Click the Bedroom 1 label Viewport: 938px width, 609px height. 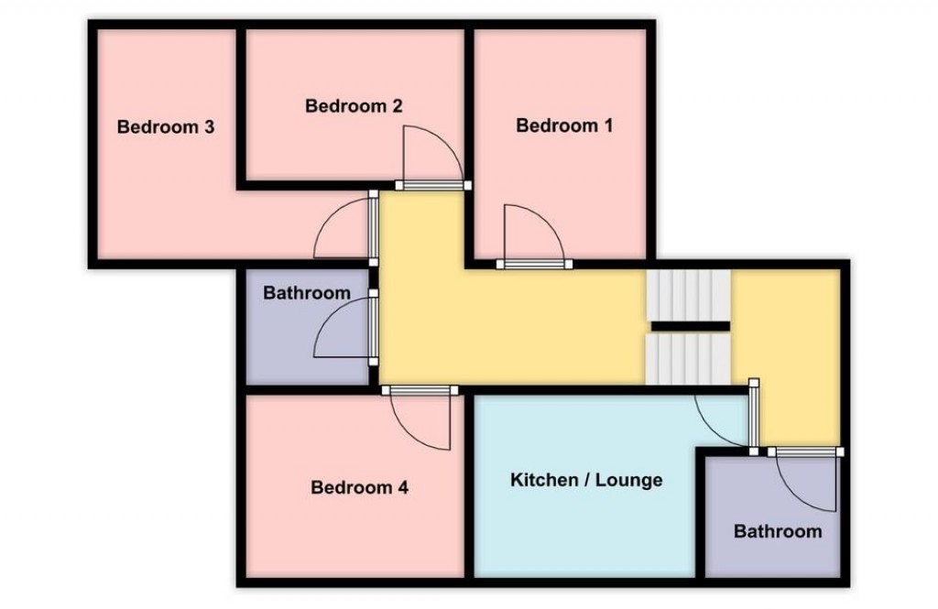click(x=563, y=125)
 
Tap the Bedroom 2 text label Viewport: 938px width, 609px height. click(x=354, y=106)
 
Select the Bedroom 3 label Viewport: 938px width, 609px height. click(x=166, y=127)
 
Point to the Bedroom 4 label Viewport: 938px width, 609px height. click(x=359, y=487)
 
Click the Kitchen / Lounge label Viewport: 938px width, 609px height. click(x=585, y=480)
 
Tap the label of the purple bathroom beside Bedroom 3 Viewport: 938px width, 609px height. click(x=306, y=293)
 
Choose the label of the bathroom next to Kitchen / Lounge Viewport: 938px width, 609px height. click(x=777, y=531)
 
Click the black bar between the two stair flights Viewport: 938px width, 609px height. click(x=690, y=326)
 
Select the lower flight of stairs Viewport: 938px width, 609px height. click(x=689, y=359)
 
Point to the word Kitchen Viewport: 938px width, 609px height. click(x=543, y=480)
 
